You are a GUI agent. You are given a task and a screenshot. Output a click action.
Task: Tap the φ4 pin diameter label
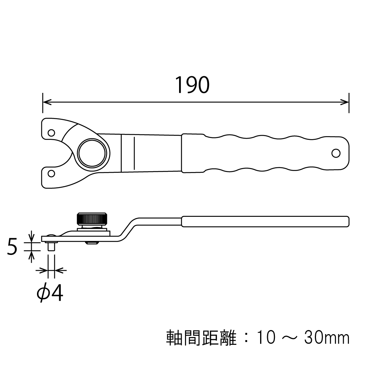[50, 293]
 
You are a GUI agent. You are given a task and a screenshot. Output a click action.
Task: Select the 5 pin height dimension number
[13, 247]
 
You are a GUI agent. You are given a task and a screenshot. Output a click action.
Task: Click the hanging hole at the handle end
[336, 153]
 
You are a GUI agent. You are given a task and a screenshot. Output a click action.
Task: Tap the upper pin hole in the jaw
[51, 132]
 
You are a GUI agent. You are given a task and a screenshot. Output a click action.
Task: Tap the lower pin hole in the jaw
[51, 173]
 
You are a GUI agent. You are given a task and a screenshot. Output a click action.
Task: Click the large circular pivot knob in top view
[93, 153]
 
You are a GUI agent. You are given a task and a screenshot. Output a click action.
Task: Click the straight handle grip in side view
[265, 221]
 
